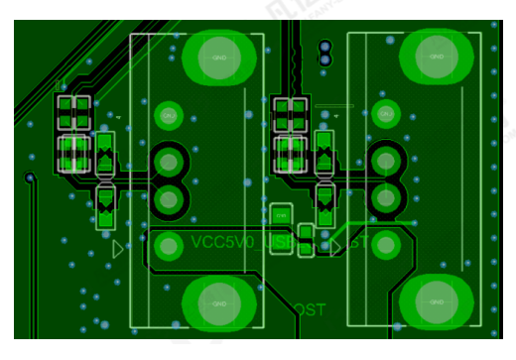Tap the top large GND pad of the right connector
tap(436, 57)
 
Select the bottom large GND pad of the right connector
tap(436, 301)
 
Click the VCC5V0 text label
tap(224, 242)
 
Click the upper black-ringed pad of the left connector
tap(169, 161)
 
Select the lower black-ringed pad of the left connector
tap(169, 199)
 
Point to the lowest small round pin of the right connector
tap(385, 243)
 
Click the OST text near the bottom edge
tap(310, 311)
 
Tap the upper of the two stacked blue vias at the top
tap(323, 47)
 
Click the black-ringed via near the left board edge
tap(30, 179)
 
